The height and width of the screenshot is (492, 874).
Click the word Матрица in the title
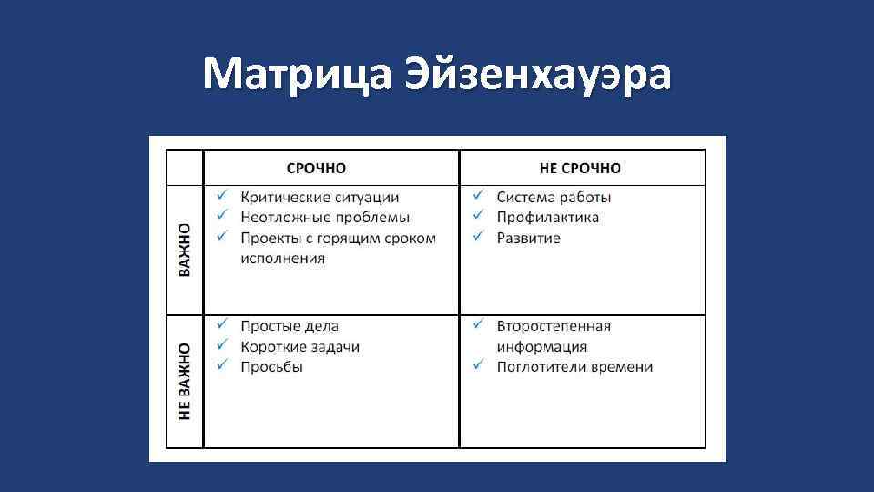coord(290,74)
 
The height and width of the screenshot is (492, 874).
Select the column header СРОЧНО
coord(316,169)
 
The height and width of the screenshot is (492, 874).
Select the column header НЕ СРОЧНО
coord(580,169)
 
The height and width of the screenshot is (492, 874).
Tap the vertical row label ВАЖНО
coord(186,250)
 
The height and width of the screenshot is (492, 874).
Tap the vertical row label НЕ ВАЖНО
coord(186,381)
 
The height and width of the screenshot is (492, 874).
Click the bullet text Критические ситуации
coord(320,197)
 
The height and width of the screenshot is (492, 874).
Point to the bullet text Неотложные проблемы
coord(325,218)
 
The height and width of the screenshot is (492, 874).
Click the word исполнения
coord(283,259)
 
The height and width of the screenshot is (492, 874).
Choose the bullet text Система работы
coord(554,197)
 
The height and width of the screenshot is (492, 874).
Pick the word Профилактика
coord(547,218)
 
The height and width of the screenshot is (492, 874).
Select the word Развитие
coord(528,238)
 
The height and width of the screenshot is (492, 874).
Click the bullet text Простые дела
coord(290,326)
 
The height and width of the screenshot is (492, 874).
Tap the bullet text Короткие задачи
coord(300,346)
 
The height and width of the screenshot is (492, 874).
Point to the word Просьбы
coord(271,367)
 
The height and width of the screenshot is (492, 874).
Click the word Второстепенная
coord(554,326)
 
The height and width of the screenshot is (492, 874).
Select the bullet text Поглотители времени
coord(574,367)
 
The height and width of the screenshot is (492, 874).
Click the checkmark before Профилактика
coord(477,217)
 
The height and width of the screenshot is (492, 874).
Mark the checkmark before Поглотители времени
coord(477,366)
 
